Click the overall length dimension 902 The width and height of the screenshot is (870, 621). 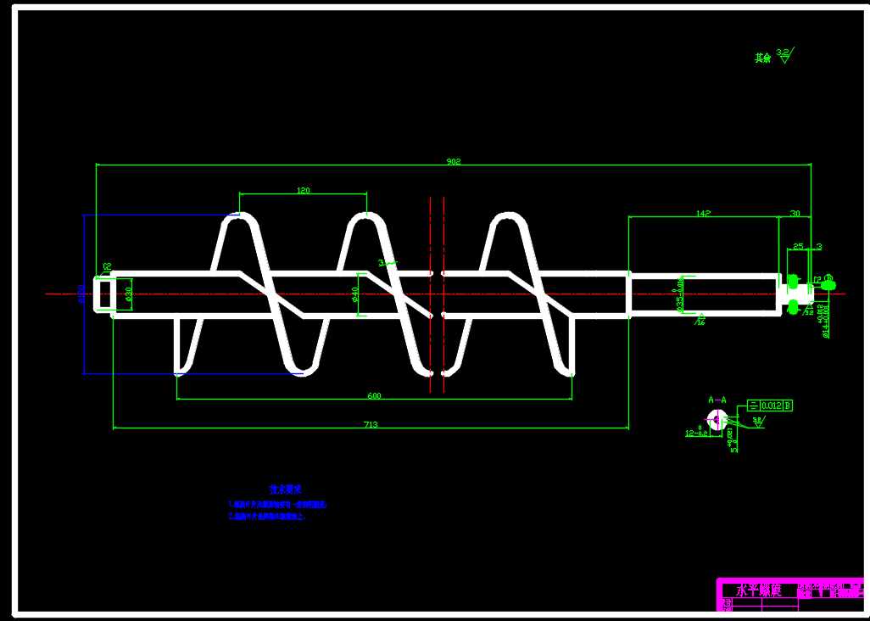(454, 161)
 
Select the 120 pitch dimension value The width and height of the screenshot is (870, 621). (303, 190)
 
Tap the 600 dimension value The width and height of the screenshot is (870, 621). (374, 395)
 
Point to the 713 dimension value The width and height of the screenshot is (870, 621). (371, 424)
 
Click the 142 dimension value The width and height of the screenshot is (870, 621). (702, 213)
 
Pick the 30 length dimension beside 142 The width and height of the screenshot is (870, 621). (795, 213)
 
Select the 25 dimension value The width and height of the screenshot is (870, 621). (798, 246)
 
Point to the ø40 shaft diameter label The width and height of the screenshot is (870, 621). (355, 294)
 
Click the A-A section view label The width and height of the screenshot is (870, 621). (717, 399)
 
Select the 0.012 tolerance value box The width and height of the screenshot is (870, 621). (772, 406)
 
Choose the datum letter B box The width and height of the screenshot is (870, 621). (789, 406)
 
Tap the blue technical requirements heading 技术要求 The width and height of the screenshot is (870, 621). (286, 490)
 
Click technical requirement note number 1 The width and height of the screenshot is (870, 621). (278, 504)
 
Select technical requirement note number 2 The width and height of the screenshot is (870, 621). (267, 516)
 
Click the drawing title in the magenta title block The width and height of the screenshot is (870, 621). (757, 590)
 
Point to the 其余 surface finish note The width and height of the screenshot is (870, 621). (763, 58)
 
